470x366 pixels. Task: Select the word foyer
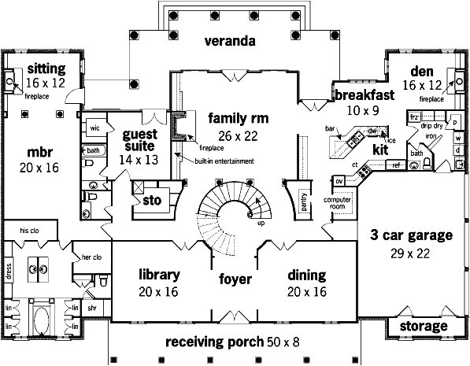[235, 279]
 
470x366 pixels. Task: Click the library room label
[160, 275]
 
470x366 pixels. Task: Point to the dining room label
[306, 275]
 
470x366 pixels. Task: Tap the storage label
[424, 326]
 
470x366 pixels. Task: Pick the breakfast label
[358, 94]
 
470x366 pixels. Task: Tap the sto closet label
[151, 201]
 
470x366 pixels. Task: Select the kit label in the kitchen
[380, 148]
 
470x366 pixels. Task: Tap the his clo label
[29, 230]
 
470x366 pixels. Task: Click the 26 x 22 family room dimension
[238, 136]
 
